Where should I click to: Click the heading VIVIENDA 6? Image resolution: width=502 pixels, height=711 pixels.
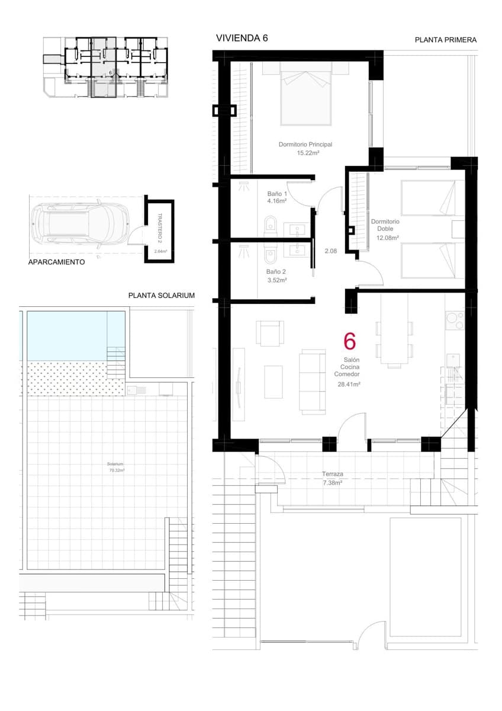[242, 38]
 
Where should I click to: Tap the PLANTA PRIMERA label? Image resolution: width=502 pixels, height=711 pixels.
[445, 40]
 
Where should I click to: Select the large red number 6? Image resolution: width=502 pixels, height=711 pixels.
[350, 341]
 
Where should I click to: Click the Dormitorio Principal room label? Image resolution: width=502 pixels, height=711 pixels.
[305, 144]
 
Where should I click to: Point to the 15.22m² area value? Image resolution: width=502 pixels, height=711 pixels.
[308, 153]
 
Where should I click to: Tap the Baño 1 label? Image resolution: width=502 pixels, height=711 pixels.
[276, 194]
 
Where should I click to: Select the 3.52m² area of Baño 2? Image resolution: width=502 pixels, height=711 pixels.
[276, 280]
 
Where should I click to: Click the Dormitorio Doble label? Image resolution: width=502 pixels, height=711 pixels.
[385, 225]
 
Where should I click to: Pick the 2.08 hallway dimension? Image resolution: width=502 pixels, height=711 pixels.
[331, 251]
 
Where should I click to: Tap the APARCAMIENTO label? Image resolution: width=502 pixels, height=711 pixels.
[56, 261]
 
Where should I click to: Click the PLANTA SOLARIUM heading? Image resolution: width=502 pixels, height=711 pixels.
[161, 295]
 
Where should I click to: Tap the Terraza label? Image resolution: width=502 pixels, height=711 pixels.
[333, 474]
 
